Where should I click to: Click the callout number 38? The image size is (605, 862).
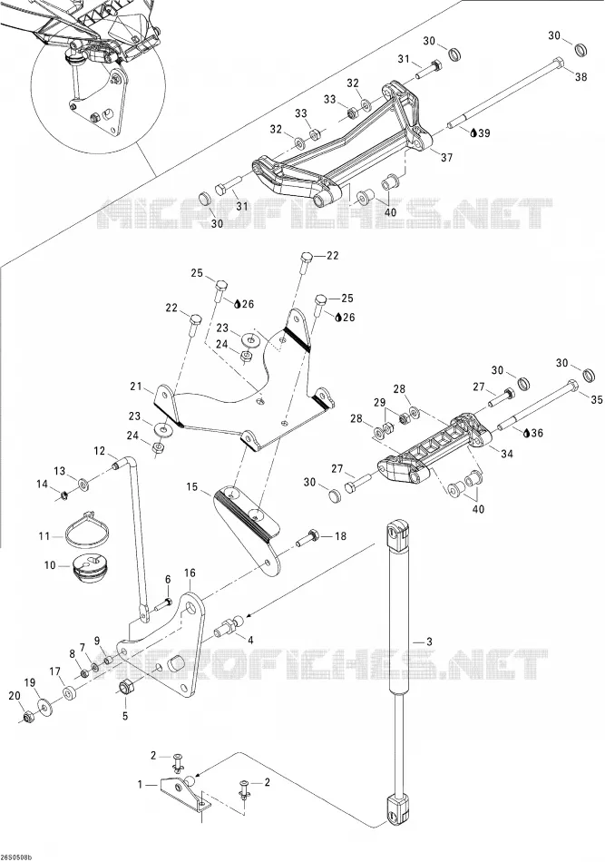click(581, 76)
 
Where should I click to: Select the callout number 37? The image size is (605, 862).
click(447, 157)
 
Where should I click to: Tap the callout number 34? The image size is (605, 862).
click(507, 454)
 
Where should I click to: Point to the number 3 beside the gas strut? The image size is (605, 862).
click(430, 641)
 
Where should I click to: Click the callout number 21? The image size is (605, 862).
click(136, 387)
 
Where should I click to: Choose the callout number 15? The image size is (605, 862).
click(191, 486)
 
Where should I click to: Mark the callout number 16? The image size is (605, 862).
click(190, 573)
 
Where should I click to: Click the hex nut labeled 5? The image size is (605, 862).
click(126, 687)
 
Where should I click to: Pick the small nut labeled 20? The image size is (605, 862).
click(30, 717)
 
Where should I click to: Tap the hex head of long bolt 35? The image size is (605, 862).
click(571, 385)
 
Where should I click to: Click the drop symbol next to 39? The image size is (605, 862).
click(474, 133)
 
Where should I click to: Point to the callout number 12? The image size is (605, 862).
click(99, 451)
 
